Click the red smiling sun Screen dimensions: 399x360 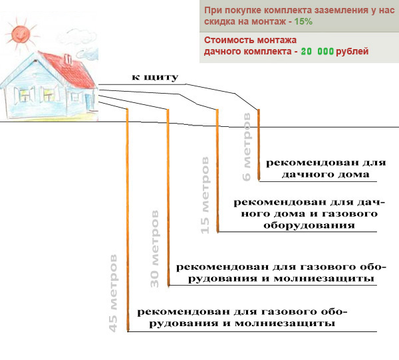click(21, 34)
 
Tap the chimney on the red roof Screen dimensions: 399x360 click(68, 59)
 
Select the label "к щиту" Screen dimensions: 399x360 click(155, 77)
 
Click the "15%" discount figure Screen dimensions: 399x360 click(303, 21)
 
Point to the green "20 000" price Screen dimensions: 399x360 click(317, 51)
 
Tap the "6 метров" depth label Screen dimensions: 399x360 click(247, 147)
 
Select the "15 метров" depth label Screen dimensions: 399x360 click(205, 195)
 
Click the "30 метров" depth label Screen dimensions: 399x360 click(154, 248)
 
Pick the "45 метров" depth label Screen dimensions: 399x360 click(113, 293)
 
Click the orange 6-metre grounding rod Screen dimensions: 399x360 click(259, 145)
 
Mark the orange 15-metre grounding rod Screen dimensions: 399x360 click(217, 171)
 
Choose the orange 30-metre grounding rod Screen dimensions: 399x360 click(168, 197)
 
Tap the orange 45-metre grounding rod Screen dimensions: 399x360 click(128, 220)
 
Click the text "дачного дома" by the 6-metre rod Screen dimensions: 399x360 click(325, 175)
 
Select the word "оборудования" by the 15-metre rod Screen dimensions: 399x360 click(309, 226)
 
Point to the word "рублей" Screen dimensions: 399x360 click(352, 51)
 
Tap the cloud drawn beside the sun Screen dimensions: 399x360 click(76, 38)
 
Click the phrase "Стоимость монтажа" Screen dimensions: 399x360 click(250, 40)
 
